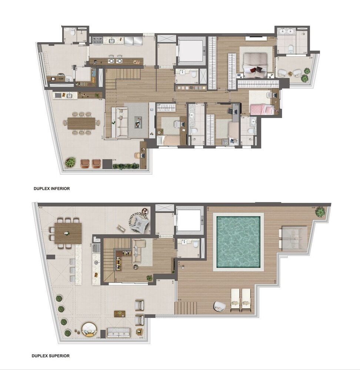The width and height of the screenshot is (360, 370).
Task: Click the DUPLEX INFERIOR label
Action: click(51, 189)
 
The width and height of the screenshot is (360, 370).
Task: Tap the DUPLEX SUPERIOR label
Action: click(51, 356)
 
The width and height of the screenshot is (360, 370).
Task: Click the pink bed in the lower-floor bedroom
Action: click(263, 109)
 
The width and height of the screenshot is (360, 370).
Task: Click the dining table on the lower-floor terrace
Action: click(81, 123)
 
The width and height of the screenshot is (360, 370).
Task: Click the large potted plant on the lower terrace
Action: click(70, 162)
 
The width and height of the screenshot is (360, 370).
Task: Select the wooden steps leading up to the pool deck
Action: click(186, 307)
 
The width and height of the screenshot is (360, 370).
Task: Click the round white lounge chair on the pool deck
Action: click(219, 306)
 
